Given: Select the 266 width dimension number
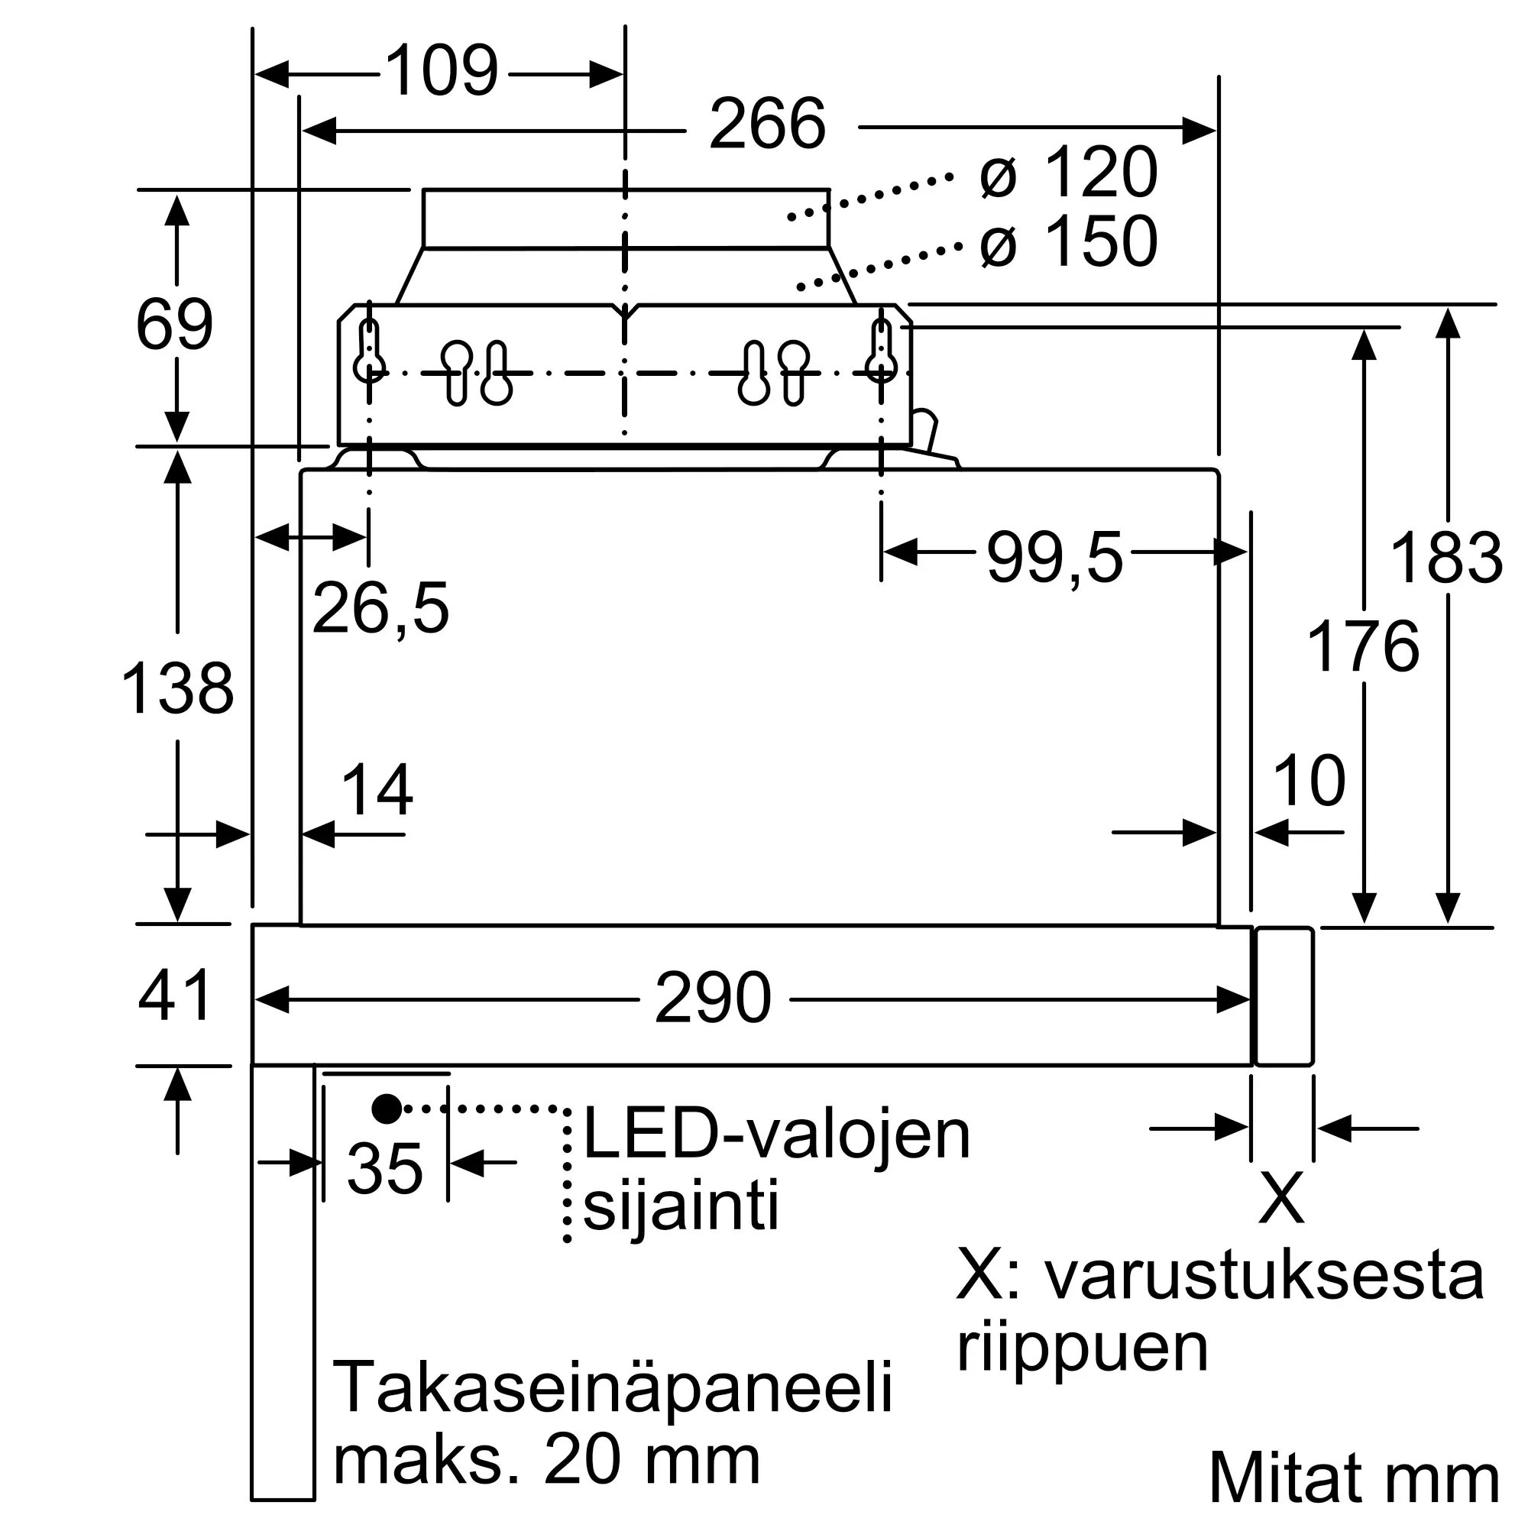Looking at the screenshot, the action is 767,125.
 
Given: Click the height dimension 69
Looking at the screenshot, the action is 175,325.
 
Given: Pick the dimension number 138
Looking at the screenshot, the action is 177,688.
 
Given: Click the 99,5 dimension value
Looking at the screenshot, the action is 1054,558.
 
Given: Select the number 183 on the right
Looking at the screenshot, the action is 1445,558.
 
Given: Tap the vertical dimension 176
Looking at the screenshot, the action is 1363,646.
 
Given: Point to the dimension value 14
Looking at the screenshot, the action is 377,789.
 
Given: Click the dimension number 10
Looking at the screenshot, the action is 1309,782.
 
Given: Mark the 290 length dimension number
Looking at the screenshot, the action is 714,998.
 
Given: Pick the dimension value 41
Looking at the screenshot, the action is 176,995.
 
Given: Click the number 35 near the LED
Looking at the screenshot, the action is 385,1168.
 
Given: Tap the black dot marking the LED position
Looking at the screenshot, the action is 387,1109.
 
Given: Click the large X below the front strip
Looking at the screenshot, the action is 1281,1198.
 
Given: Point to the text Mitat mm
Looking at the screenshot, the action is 1354,1478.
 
